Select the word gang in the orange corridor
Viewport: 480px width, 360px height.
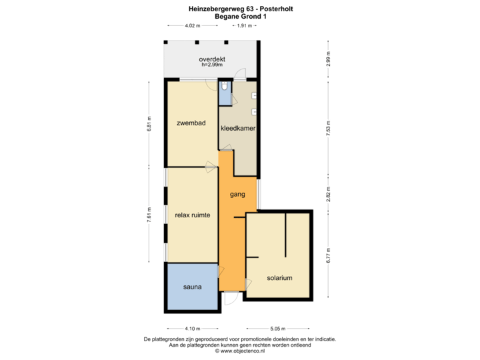pos(237,195)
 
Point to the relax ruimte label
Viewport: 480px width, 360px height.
pos(193,215)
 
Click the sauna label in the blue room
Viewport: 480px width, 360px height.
pos(193,287)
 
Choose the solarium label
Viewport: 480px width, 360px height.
pos(280,278)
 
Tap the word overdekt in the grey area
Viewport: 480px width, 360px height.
pos(212,60)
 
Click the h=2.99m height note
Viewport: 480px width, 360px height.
pos(212,66)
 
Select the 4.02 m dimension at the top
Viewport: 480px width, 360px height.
pos(193,26)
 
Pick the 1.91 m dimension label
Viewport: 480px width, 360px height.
pos(245,26)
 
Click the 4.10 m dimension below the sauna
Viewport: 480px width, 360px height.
pos(193,328)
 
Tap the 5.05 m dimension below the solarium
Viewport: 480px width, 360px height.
pos(278,328)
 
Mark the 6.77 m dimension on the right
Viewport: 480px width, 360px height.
pos(328,256)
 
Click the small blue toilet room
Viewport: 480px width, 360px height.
pos(225,93)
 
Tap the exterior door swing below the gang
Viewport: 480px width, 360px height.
pos(229,297)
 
